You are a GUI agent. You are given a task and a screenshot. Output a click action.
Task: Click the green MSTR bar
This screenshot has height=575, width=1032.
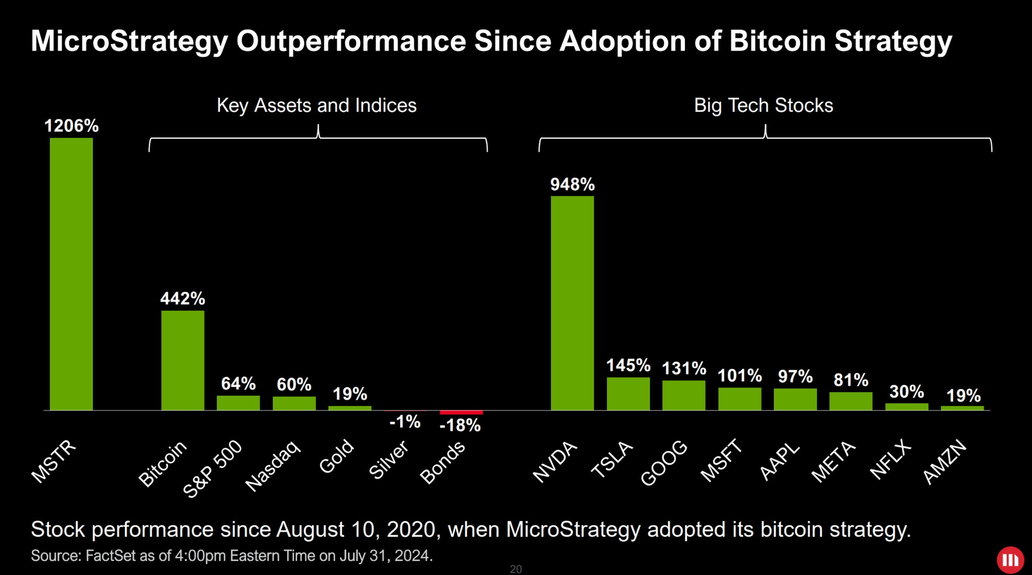(x=71, y=274)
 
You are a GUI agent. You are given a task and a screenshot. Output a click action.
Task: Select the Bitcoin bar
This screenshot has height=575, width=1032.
(x=182, y=360)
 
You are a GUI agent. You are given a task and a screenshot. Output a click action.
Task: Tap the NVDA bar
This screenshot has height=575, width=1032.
(x=572, y=303)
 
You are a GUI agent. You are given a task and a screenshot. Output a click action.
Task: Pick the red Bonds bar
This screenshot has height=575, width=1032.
(x=461, y=412)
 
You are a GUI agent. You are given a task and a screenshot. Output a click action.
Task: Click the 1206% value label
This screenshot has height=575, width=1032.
(x=71, y=126)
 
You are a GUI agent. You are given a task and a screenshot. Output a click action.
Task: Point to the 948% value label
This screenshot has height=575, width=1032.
(x=572, y=184)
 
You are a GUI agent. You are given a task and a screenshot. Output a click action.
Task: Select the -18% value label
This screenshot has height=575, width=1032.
(x=460, y=425)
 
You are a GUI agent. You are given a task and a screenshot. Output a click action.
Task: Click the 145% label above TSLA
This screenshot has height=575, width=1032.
(x=628, y=365)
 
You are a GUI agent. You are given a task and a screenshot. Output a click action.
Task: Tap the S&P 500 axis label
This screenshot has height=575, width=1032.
(x=213, y=468)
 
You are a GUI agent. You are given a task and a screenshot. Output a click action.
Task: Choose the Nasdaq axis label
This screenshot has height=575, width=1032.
(x=272, y=465)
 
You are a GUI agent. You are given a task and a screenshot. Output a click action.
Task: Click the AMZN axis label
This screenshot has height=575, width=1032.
(x=945, y=462)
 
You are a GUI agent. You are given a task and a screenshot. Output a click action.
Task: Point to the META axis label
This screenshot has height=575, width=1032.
(x=833, y=461)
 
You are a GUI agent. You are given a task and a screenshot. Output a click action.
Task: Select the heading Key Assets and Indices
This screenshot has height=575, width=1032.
(x=316, y=105)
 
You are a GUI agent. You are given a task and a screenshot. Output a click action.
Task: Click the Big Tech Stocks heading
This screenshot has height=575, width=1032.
(x=763, y=105)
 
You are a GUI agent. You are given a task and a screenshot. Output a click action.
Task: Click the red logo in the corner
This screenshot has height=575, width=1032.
(x=1010, y=560)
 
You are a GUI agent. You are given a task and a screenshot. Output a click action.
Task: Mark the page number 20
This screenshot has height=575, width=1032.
(x=515, y=569)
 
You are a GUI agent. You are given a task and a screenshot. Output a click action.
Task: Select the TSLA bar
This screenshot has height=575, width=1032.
(x=628, y=394)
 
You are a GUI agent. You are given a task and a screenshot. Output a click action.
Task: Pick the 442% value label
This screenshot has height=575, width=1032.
(x=182, y=298)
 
